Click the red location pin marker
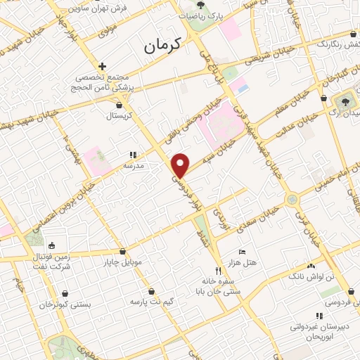pos(181,165)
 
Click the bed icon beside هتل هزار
pos(243,252)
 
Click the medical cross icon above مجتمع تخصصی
pos(103,66)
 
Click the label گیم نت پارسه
pos(151,301)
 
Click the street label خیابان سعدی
pos(254,212)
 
